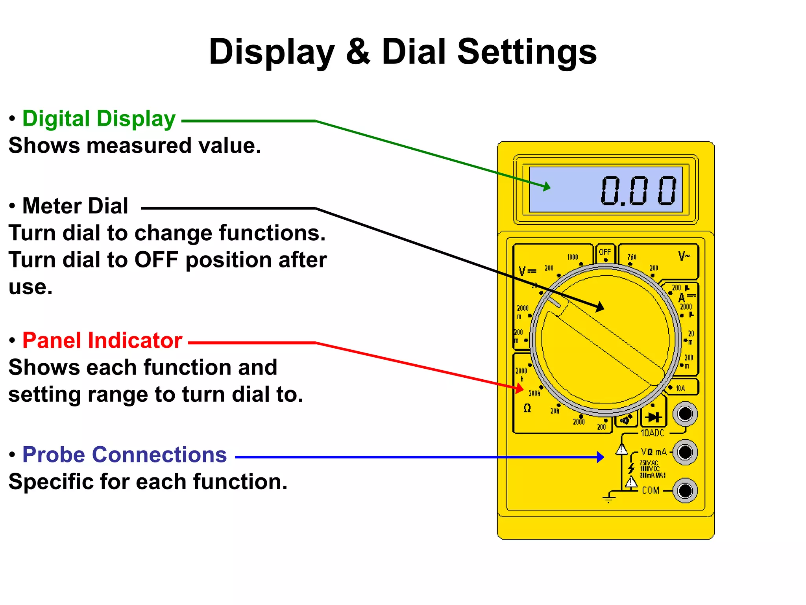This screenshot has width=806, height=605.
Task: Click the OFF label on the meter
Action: point(604,252)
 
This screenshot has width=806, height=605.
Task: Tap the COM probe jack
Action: point(685,491)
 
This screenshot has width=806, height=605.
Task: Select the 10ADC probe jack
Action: point(685,414)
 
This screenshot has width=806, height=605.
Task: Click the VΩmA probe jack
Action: point(685,452)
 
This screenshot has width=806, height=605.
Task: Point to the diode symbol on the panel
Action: point(653,417)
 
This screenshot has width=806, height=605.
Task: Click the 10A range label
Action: point(680,388)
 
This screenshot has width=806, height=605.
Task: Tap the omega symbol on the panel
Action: point(527,408)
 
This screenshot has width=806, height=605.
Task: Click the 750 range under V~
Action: point(632,257)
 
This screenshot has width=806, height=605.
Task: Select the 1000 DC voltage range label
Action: point(573,257)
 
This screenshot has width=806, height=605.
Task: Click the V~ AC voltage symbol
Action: point(684,256)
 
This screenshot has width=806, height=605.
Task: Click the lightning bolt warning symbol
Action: point(631,468)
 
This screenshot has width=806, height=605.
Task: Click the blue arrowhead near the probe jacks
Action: point(600,457)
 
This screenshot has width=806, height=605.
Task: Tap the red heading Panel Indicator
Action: point(102,340)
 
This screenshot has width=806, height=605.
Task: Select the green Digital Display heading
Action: point(99,119)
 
